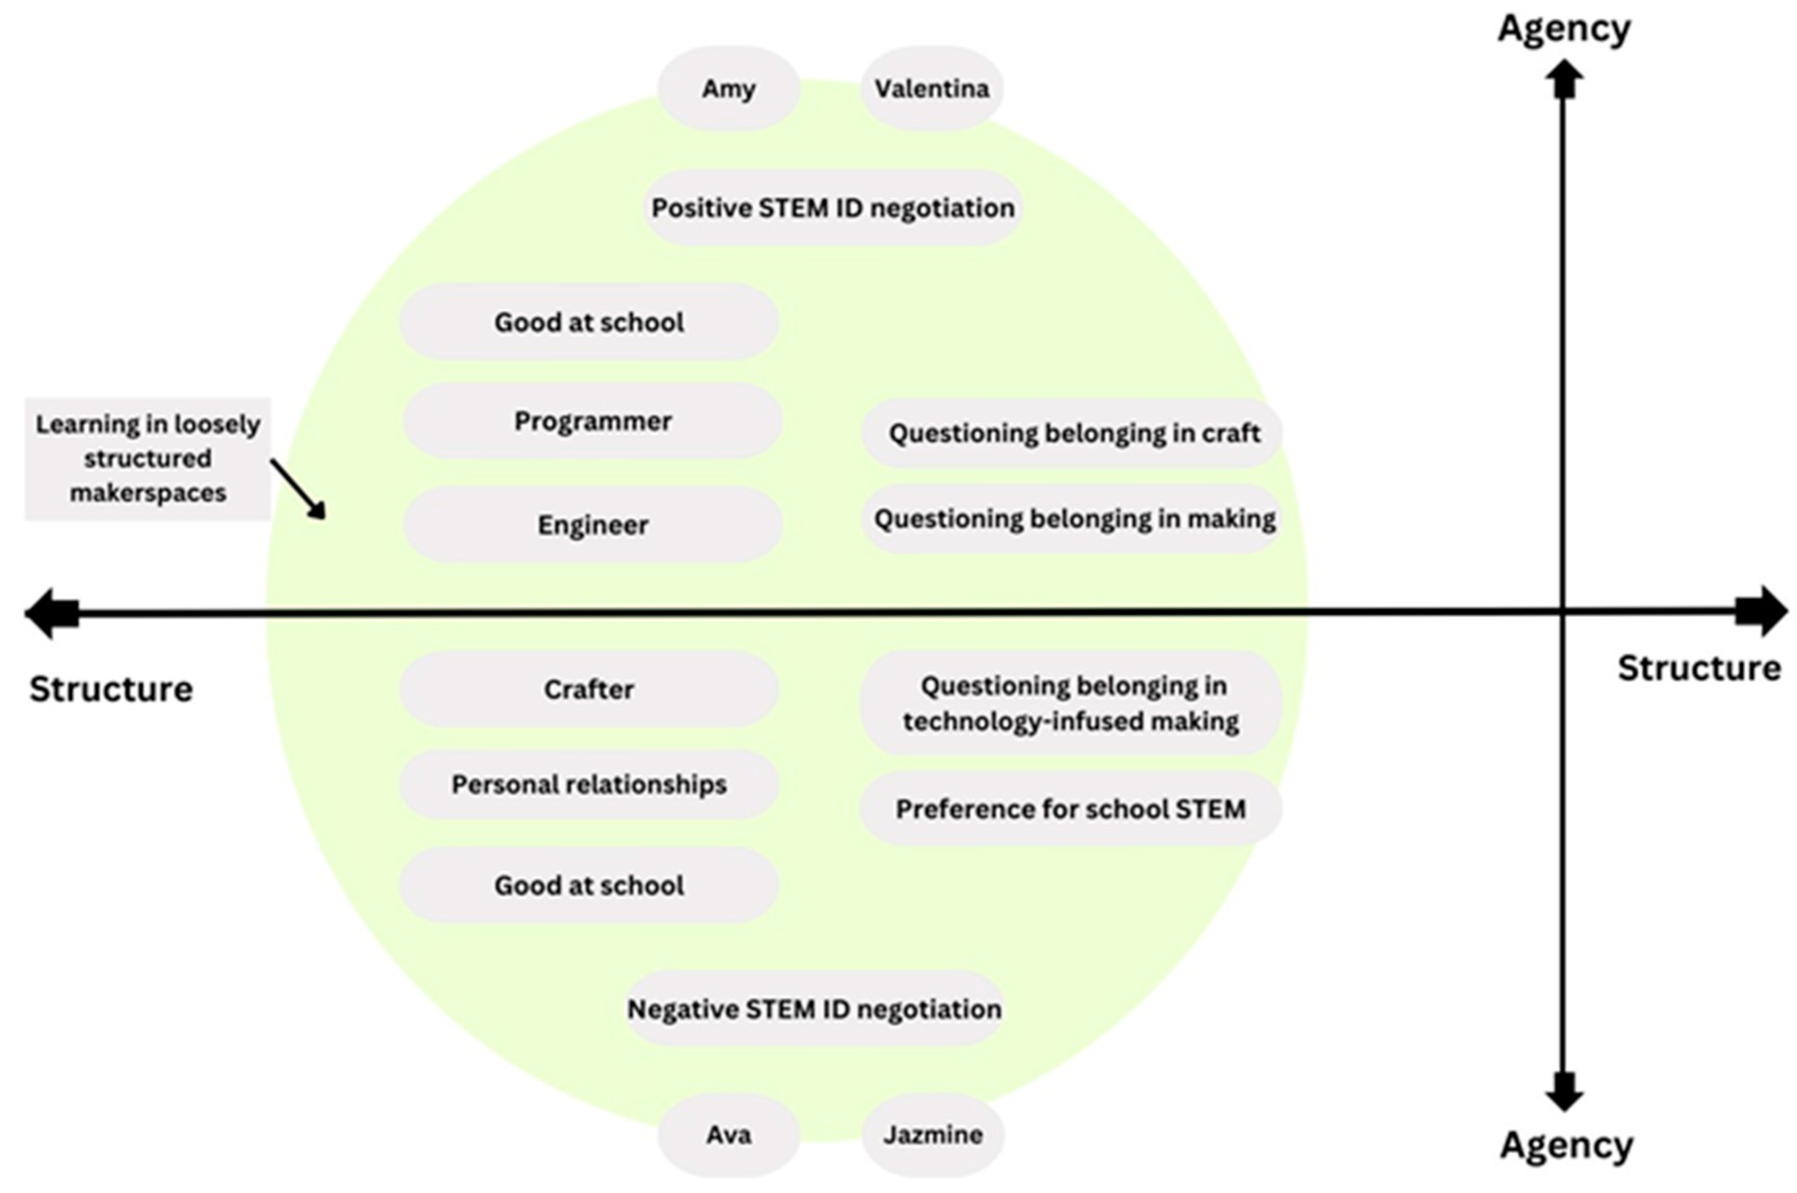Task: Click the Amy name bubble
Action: coord(728,89)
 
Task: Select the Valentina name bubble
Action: coord(932,89)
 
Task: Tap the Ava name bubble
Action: coord(728,1134)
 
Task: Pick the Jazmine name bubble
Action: coord(932,1134)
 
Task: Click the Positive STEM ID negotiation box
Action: coord(833,208)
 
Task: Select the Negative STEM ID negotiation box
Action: coord(814,1009)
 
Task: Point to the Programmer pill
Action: coord(592,421)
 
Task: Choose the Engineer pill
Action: coord(592,525)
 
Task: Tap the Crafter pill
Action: coord(589,689)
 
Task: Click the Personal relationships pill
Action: coord(589,785)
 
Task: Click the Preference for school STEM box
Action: coord(1070,809)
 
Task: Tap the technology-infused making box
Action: coord(1070,703)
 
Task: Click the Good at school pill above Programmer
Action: coord(589,322)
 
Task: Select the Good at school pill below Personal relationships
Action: coord(589,885)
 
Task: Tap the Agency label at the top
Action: coord(1564,29)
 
